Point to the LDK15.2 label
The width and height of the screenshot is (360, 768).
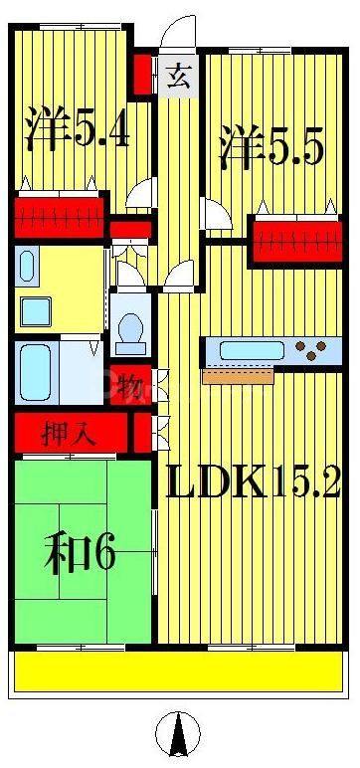tap(253, 484)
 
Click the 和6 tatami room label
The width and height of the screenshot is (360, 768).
tap(79, 553)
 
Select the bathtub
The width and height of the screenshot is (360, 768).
tap(35, 372)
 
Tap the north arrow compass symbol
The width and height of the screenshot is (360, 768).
tap(178, 735)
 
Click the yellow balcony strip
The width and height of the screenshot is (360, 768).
tap(179, 672)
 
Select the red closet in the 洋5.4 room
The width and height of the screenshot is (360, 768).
tap(60, 213)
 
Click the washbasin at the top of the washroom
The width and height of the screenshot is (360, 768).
tap(27, 267)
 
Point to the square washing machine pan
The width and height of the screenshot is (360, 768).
tap(36, 310)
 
